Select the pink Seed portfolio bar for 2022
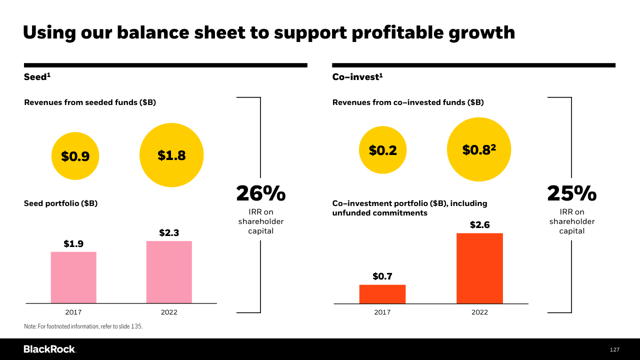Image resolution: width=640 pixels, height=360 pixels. pos(169,272)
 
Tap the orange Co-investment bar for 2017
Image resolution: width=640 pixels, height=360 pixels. pos(382,294)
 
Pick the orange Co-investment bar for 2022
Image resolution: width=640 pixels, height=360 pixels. pos(479,268)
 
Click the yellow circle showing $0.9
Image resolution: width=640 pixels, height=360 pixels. pos(75,156)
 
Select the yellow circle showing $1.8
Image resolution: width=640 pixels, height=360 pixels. pos(171,155)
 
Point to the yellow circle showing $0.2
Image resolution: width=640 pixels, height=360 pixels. pos(382,150)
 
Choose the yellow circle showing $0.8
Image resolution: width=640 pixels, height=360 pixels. pos(478,149)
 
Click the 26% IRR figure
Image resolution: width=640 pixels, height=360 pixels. pos(260,193)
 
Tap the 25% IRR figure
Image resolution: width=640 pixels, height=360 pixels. pos(571,193)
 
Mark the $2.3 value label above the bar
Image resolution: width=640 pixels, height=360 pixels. pos(169,233)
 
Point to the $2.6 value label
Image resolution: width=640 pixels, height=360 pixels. pos(479,225)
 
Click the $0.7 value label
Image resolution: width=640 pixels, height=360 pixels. pos(382,276)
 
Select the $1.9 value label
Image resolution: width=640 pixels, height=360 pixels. pos(73,244)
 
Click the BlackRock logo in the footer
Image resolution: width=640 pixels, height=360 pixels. pos(49,349)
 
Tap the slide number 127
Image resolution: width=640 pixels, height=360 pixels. pos(614,349)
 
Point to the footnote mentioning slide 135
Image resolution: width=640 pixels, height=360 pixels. pos(83,326)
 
